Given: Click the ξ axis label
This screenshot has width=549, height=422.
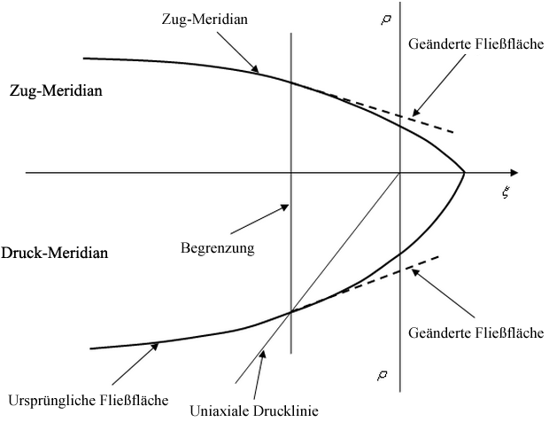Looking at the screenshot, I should click(x=505, y=191).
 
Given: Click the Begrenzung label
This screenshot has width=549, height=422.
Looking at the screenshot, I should click(x=217, y=248).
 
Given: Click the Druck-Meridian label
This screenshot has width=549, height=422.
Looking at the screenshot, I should click(x=55, y=253).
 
